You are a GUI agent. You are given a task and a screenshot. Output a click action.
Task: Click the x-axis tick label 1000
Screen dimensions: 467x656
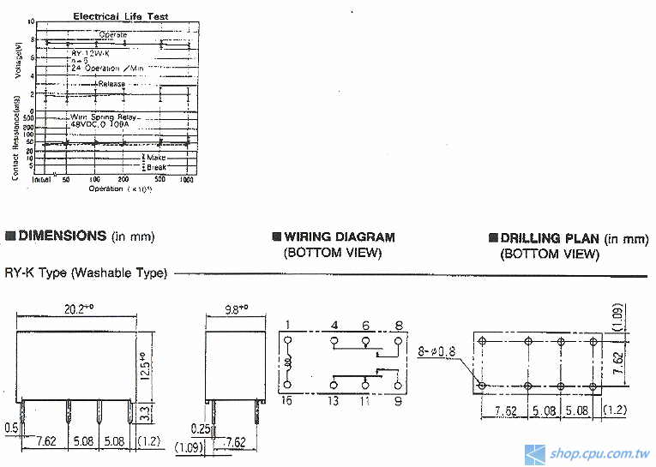click(186, 180)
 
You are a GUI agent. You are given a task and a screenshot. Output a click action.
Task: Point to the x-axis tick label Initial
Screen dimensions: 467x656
click(41, 180)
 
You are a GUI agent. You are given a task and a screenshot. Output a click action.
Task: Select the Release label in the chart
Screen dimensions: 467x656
click(111, 84)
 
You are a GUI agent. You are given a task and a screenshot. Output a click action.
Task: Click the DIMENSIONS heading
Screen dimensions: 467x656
click(62, 236)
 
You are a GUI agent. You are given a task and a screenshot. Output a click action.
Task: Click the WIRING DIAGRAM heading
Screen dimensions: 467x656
click(340, 236)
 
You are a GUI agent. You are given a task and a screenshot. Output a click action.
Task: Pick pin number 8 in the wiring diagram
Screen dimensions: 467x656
click(399, 324)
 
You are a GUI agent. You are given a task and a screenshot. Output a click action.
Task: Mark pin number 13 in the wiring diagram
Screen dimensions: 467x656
click(334, 401)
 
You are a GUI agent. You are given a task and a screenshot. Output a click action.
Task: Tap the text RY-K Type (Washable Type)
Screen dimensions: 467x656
click(86, 273)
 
